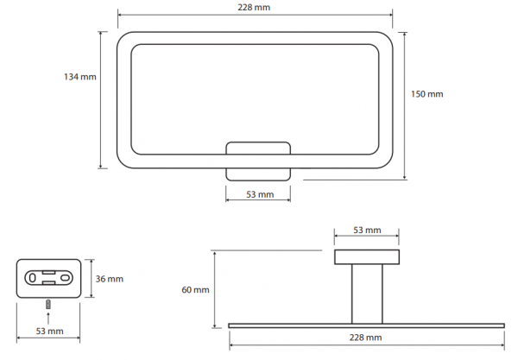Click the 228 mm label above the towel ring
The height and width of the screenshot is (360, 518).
pos(254,7)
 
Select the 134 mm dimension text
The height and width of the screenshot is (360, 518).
pos(80,77)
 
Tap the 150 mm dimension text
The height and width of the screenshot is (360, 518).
pos(426,94)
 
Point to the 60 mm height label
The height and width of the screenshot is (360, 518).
pos(195,290)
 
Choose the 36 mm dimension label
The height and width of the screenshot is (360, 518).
pos(110,279)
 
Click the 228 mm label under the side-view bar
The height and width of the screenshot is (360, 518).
pos(365,338)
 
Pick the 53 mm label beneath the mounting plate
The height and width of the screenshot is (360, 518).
pos(49,331)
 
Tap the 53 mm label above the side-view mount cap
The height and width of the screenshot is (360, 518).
pos(367,230)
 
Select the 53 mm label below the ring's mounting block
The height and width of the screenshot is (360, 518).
pos(260,194)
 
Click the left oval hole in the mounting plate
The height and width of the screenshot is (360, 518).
pos(32,278)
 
